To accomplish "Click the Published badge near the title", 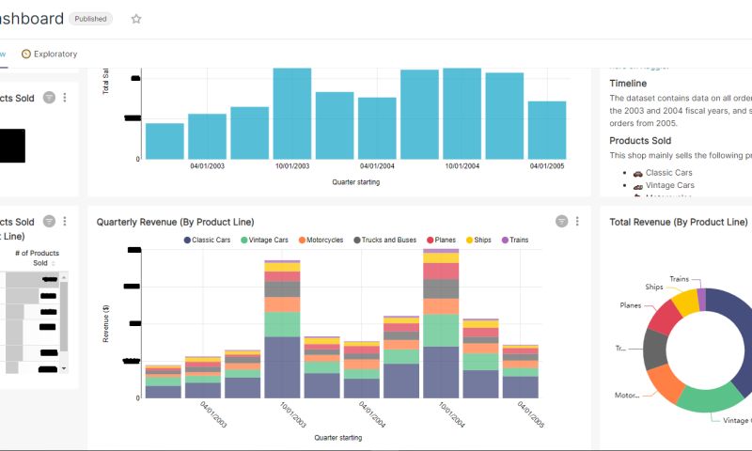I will point(91,19).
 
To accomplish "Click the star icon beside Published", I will point(136,19).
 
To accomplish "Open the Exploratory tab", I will point(50,54).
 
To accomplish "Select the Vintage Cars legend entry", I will point(270,241).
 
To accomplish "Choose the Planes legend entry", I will point(443,241).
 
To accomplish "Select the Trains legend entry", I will point(514,241).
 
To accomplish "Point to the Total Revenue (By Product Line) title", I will point(678,223).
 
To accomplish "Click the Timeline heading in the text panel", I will point(628,84).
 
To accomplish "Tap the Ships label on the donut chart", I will point(654,287).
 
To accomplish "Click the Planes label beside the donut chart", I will point(630,305).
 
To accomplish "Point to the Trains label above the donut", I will point(679,279).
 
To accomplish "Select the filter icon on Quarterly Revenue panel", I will point(561,221).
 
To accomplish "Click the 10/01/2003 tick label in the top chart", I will point(292,166).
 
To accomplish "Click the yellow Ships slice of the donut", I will point(686,301).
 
